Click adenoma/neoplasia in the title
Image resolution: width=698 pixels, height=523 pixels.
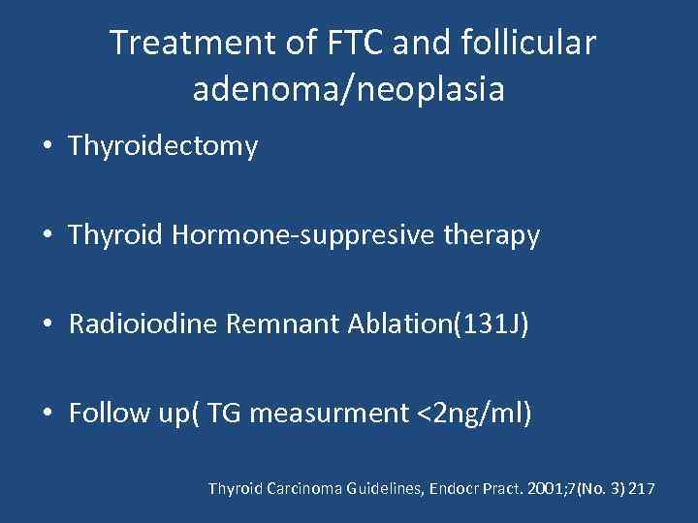[x=349, y=89]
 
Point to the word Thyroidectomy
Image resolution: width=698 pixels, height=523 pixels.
[x=163, y=146]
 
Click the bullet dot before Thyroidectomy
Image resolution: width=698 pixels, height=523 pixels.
[x=48, y=147]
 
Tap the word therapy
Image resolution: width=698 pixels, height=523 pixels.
[x=492, y=234]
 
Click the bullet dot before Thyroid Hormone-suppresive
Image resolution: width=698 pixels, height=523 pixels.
[x=48, y=235]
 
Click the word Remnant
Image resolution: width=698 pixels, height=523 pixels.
[x=281, y=324]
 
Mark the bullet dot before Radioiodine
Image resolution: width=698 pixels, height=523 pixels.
[x=48, y=324]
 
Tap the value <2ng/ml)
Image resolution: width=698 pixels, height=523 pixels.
[x=475, y=414]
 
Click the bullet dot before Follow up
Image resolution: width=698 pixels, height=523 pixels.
[x=48, y=414]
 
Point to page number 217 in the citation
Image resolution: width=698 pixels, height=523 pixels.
[x=642, y=489]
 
